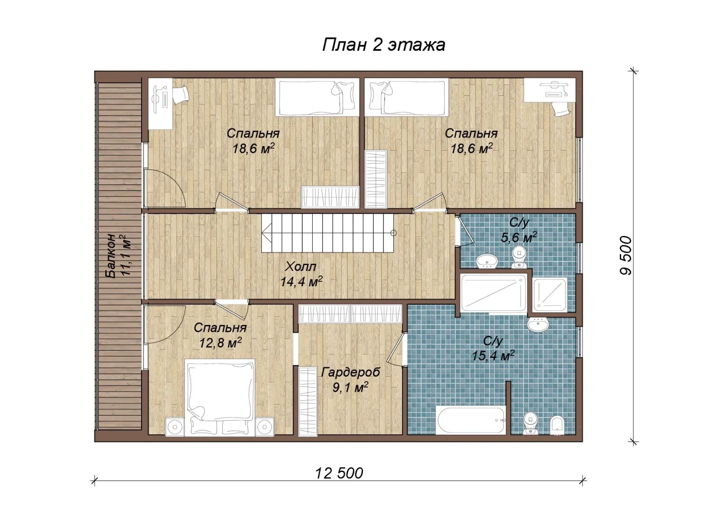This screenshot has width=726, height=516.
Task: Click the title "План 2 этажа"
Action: (x=384, y=45)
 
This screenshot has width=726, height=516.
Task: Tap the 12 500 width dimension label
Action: (x=339, y=473)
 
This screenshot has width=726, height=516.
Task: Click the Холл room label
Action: (x=300, y=267)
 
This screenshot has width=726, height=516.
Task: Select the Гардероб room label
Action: (x=351, y=373)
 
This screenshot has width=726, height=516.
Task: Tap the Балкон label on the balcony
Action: (x=111, y=256)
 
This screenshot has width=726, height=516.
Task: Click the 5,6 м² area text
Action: (x=519, y=237)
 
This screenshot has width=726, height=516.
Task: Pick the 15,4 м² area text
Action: (x=493, y=356)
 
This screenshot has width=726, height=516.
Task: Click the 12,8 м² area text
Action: (x=221, y=343)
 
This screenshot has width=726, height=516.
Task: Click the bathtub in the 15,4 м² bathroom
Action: (x=471, y=420)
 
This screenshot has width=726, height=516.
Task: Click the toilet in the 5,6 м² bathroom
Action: (x=519, y=257)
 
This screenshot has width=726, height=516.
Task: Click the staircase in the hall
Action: (x=328, y=233)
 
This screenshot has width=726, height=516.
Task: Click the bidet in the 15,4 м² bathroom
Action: (x=557, y=425)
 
